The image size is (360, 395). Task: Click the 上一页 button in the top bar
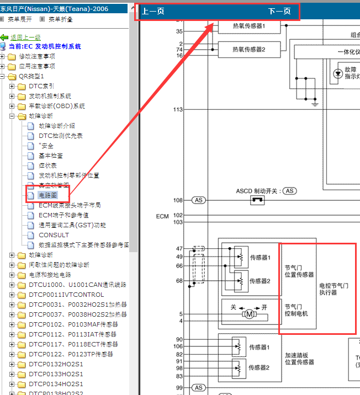coord(153,12)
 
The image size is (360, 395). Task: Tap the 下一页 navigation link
coord(279,12)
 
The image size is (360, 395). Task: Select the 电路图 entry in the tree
coord(49,195)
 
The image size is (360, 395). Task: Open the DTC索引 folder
coord(41,86)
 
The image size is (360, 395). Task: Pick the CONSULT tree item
coord(54,235)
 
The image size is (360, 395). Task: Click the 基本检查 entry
coord(50,156)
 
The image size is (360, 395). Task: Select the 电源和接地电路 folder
coord(50,275)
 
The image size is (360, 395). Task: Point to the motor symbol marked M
coord(248,314)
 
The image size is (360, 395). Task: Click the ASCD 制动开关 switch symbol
coord(257,200)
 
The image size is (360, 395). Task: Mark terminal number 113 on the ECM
coord(178,110)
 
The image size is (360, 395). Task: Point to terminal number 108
coord(178,200)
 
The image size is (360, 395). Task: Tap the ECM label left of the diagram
coord(162,216)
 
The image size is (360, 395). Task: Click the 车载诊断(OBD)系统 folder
coord(56,106)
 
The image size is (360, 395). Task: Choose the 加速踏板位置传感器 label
coord(299,359)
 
